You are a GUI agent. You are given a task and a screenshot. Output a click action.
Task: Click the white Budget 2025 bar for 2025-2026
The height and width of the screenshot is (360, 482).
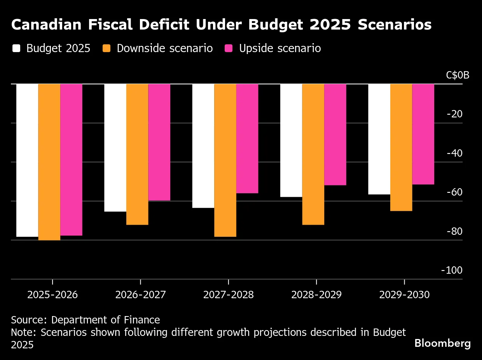[x=27, y=160]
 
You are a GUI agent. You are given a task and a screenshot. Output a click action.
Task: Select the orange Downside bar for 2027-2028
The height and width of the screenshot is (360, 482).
[x=225, y=160]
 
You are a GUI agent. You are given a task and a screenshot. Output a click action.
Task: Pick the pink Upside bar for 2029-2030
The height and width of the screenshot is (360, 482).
[x=423, y=134]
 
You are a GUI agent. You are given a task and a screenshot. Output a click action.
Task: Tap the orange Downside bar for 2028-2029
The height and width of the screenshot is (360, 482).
[x=313, y=154]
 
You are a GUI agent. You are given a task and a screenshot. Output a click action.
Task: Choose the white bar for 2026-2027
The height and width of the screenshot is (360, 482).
[x=115, y=148]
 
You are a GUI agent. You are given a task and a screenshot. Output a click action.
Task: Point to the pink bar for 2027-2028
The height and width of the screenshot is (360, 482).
[x=247, y=139]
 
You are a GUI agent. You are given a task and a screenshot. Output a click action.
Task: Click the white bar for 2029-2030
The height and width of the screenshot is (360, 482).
[x=379, y=139]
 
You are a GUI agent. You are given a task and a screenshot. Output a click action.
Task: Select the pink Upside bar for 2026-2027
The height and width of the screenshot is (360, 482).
[x=159, y=142]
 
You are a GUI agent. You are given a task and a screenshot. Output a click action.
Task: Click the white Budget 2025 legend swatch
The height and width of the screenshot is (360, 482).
[x=16, y=48]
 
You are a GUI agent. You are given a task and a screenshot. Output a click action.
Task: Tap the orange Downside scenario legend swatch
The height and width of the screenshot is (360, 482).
[x=107, y=48]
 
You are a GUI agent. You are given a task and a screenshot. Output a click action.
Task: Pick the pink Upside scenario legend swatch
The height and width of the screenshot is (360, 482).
[x=229, y=48]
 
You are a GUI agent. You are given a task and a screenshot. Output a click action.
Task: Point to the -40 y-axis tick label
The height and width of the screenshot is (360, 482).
[x=454, y=153]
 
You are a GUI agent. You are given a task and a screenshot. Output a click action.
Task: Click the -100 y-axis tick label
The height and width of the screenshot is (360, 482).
[x=452, y=270]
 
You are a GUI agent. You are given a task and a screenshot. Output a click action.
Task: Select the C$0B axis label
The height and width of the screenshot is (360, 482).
[x=458, y=75]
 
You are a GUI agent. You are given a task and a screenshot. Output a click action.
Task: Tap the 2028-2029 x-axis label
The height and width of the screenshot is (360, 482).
[x=316, y=295]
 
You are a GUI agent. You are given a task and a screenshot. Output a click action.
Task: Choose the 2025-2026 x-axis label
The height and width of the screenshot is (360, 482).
[x=52, y=295]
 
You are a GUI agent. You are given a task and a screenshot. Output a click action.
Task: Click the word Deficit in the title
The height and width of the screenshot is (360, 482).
[x=164, y=24]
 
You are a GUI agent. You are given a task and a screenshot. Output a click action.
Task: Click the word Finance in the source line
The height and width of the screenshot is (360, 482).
[x=142, y=320]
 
